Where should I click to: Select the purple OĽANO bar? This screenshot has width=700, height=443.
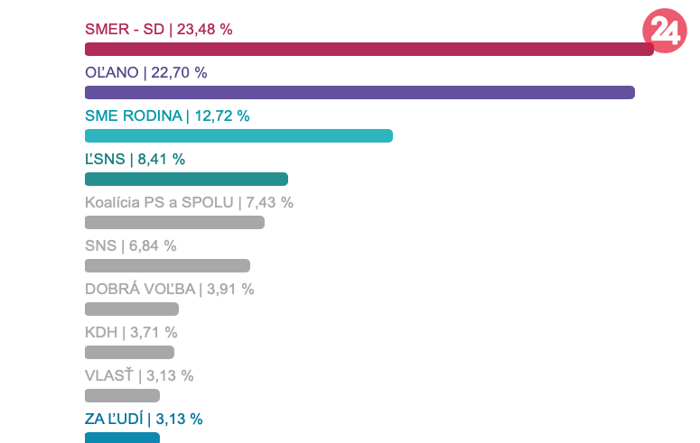[359, 92]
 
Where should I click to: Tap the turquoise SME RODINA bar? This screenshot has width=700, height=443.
[238, 135]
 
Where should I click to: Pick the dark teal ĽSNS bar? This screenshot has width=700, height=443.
[186, 179]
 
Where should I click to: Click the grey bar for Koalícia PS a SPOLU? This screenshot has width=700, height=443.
[174, 222]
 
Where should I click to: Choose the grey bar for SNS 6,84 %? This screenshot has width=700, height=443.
[167, 265]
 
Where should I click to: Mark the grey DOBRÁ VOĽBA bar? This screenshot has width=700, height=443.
[132, 309]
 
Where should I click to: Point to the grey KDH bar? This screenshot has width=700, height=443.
[129, 352]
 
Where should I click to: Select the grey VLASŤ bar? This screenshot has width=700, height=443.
[122, 395]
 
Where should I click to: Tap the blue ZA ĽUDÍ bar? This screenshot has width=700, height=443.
[122, 438]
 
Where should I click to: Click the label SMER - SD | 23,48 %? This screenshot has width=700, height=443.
[159, 29]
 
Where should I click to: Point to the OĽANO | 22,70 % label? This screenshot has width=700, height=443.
[146, 72]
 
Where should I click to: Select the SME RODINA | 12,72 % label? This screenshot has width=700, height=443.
[167, 115]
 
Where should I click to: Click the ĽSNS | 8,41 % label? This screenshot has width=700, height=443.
[135, 159]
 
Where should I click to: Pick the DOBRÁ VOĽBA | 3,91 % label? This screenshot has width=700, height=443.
[169, 289]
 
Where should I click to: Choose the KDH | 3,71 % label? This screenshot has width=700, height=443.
[131, 332]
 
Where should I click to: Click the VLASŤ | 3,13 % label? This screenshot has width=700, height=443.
[139, 375]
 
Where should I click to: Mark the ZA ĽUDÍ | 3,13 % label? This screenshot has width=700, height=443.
[144, 419]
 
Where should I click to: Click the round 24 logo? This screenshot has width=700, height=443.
[665, 31]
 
